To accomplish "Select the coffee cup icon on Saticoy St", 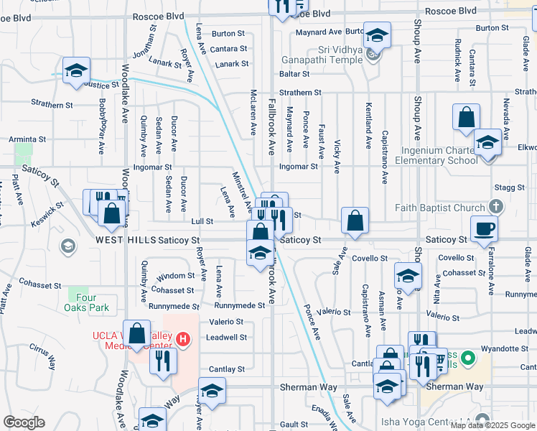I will (484, 228).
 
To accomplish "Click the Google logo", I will (24, 422).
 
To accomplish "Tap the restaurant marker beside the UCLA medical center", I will (163, 360).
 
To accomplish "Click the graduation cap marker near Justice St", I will (76, 70).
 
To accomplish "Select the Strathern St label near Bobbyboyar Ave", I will (47, 105).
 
